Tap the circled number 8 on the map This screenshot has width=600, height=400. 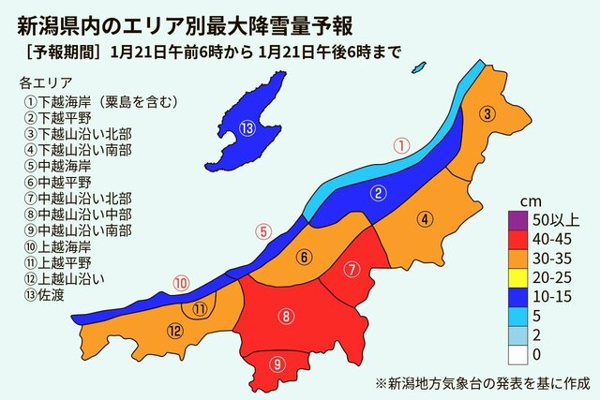(x=285, y=317)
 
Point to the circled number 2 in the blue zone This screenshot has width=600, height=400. (x=379, y=194)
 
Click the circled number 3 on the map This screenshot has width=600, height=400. (x=487, y=114)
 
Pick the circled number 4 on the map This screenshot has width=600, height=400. (x=425, y=220)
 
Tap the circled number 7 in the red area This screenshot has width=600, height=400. (x=352, y=270)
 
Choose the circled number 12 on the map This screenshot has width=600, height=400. (x=175, y=331)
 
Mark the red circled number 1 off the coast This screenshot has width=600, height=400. (x=401, y=145)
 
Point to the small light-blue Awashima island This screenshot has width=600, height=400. (x=419, y=67)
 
